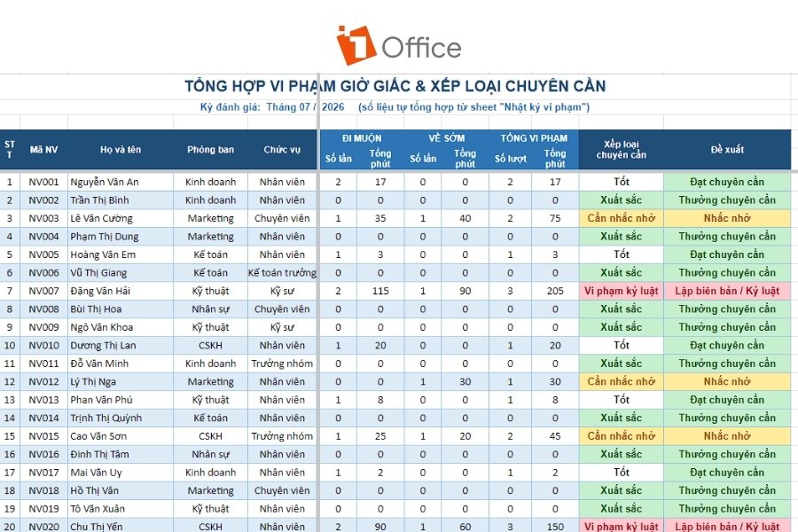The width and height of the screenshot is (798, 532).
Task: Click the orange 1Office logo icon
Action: click(356, 45)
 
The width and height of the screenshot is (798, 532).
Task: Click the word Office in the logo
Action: click(421, 48)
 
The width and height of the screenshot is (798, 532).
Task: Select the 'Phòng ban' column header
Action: click(210, 150)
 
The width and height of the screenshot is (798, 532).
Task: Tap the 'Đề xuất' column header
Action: click(727, 150)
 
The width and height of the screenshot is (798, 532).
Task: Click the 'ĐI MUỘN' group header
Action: click(362, 138)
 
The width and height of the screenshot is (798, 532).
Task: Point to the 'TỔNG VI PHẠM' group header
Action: click(534, 138)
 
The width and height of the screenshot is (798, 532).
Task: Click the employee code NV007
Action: click(43, 291)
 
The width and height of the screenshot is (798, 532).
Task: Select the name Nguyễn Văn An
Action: click(105, 182)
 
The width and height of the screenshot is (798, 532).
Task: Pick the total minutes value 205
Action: click(555, 291)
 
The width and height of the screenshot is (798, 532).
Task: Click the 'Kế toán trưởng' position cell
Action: click(282, 273)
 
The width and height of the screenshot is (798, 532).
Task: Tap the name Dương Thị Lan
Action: click(103, 345)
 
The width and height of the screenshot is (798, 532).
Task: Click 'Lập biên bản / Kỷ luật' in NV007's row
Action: click(727, 291)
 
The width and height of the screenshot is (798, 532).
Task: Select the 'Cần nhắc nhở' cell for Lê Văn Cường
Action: click(622, 218)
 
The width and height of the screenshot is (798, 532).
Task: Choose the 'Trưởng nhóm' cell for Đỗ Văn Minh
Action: click(282, 364)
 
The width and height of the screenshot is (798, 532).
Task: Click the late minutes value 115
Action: click(380, 291)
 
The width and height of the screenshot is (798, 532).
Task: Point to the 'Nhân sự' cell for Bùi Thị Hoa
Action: click(210, 309)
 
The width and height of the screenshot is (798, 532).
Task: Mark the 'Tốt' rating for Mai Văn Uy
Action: click(622, 472)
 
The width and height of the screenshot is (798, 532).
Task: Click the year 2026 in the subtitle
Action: click(332, 107)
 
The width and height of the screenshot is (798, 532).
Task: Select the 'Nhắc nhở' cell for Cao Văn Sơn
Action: click(727, 435)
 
